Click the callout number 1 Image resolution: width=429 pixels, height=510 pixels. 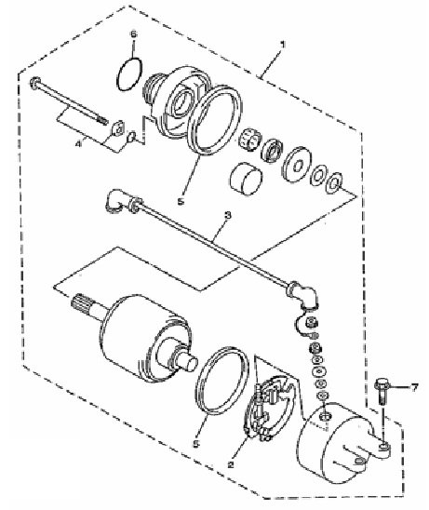(x=282, y=45)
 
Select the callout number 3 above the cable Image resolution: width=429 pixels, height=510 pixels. (x=228, y=215)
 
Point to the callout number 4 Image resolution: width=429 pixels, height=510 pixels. (x=78, y=143)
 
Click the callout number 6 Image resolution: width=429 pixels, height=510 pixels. (x=134, y=34)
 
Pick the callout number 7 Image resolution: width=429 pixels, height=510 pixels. (x=413, y=387)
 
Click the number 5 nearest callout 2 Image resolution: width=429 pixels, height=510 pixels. (x=195, y=443)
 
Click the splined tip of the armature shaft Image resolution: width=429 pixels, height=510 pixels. (x=79, y=303)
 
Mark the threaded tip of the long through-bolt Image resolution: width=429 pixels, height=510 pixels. (x=101, y=120)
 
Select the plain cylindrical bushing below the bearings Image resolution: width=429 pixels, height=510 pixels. (x=246, y=179)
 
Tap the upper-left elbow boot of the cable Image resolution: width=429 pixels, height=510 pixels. (x=115, y=201)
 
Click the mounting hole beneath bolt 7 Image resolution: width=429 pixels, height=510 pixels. (x=383, y=448)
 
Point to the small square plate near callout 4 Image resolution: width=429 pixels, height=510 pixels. (x=117, y=127)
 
